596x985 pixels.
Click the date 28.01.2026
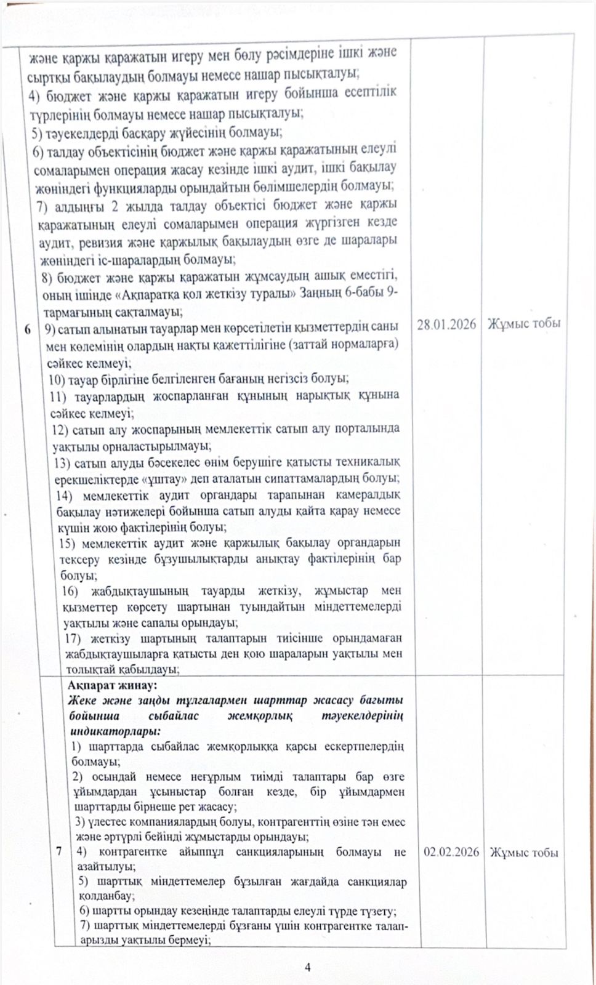pos(446,324)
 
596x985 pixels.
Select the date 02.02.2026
pos(451,852)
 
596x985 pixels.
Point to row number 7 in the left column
pos(59,851)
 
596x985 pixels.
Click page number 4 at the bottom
pos(308,967)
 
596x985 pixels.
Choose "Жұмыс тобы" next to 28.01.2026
pos(524,324)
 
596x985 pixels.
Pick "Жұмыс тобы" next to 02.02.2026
pos(524,853)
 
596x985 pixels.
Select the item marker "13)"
pos(63,462)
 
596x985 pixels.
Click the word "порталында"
pos(367,428)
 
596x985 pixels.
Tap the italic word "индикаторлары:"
pos(115,731)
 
